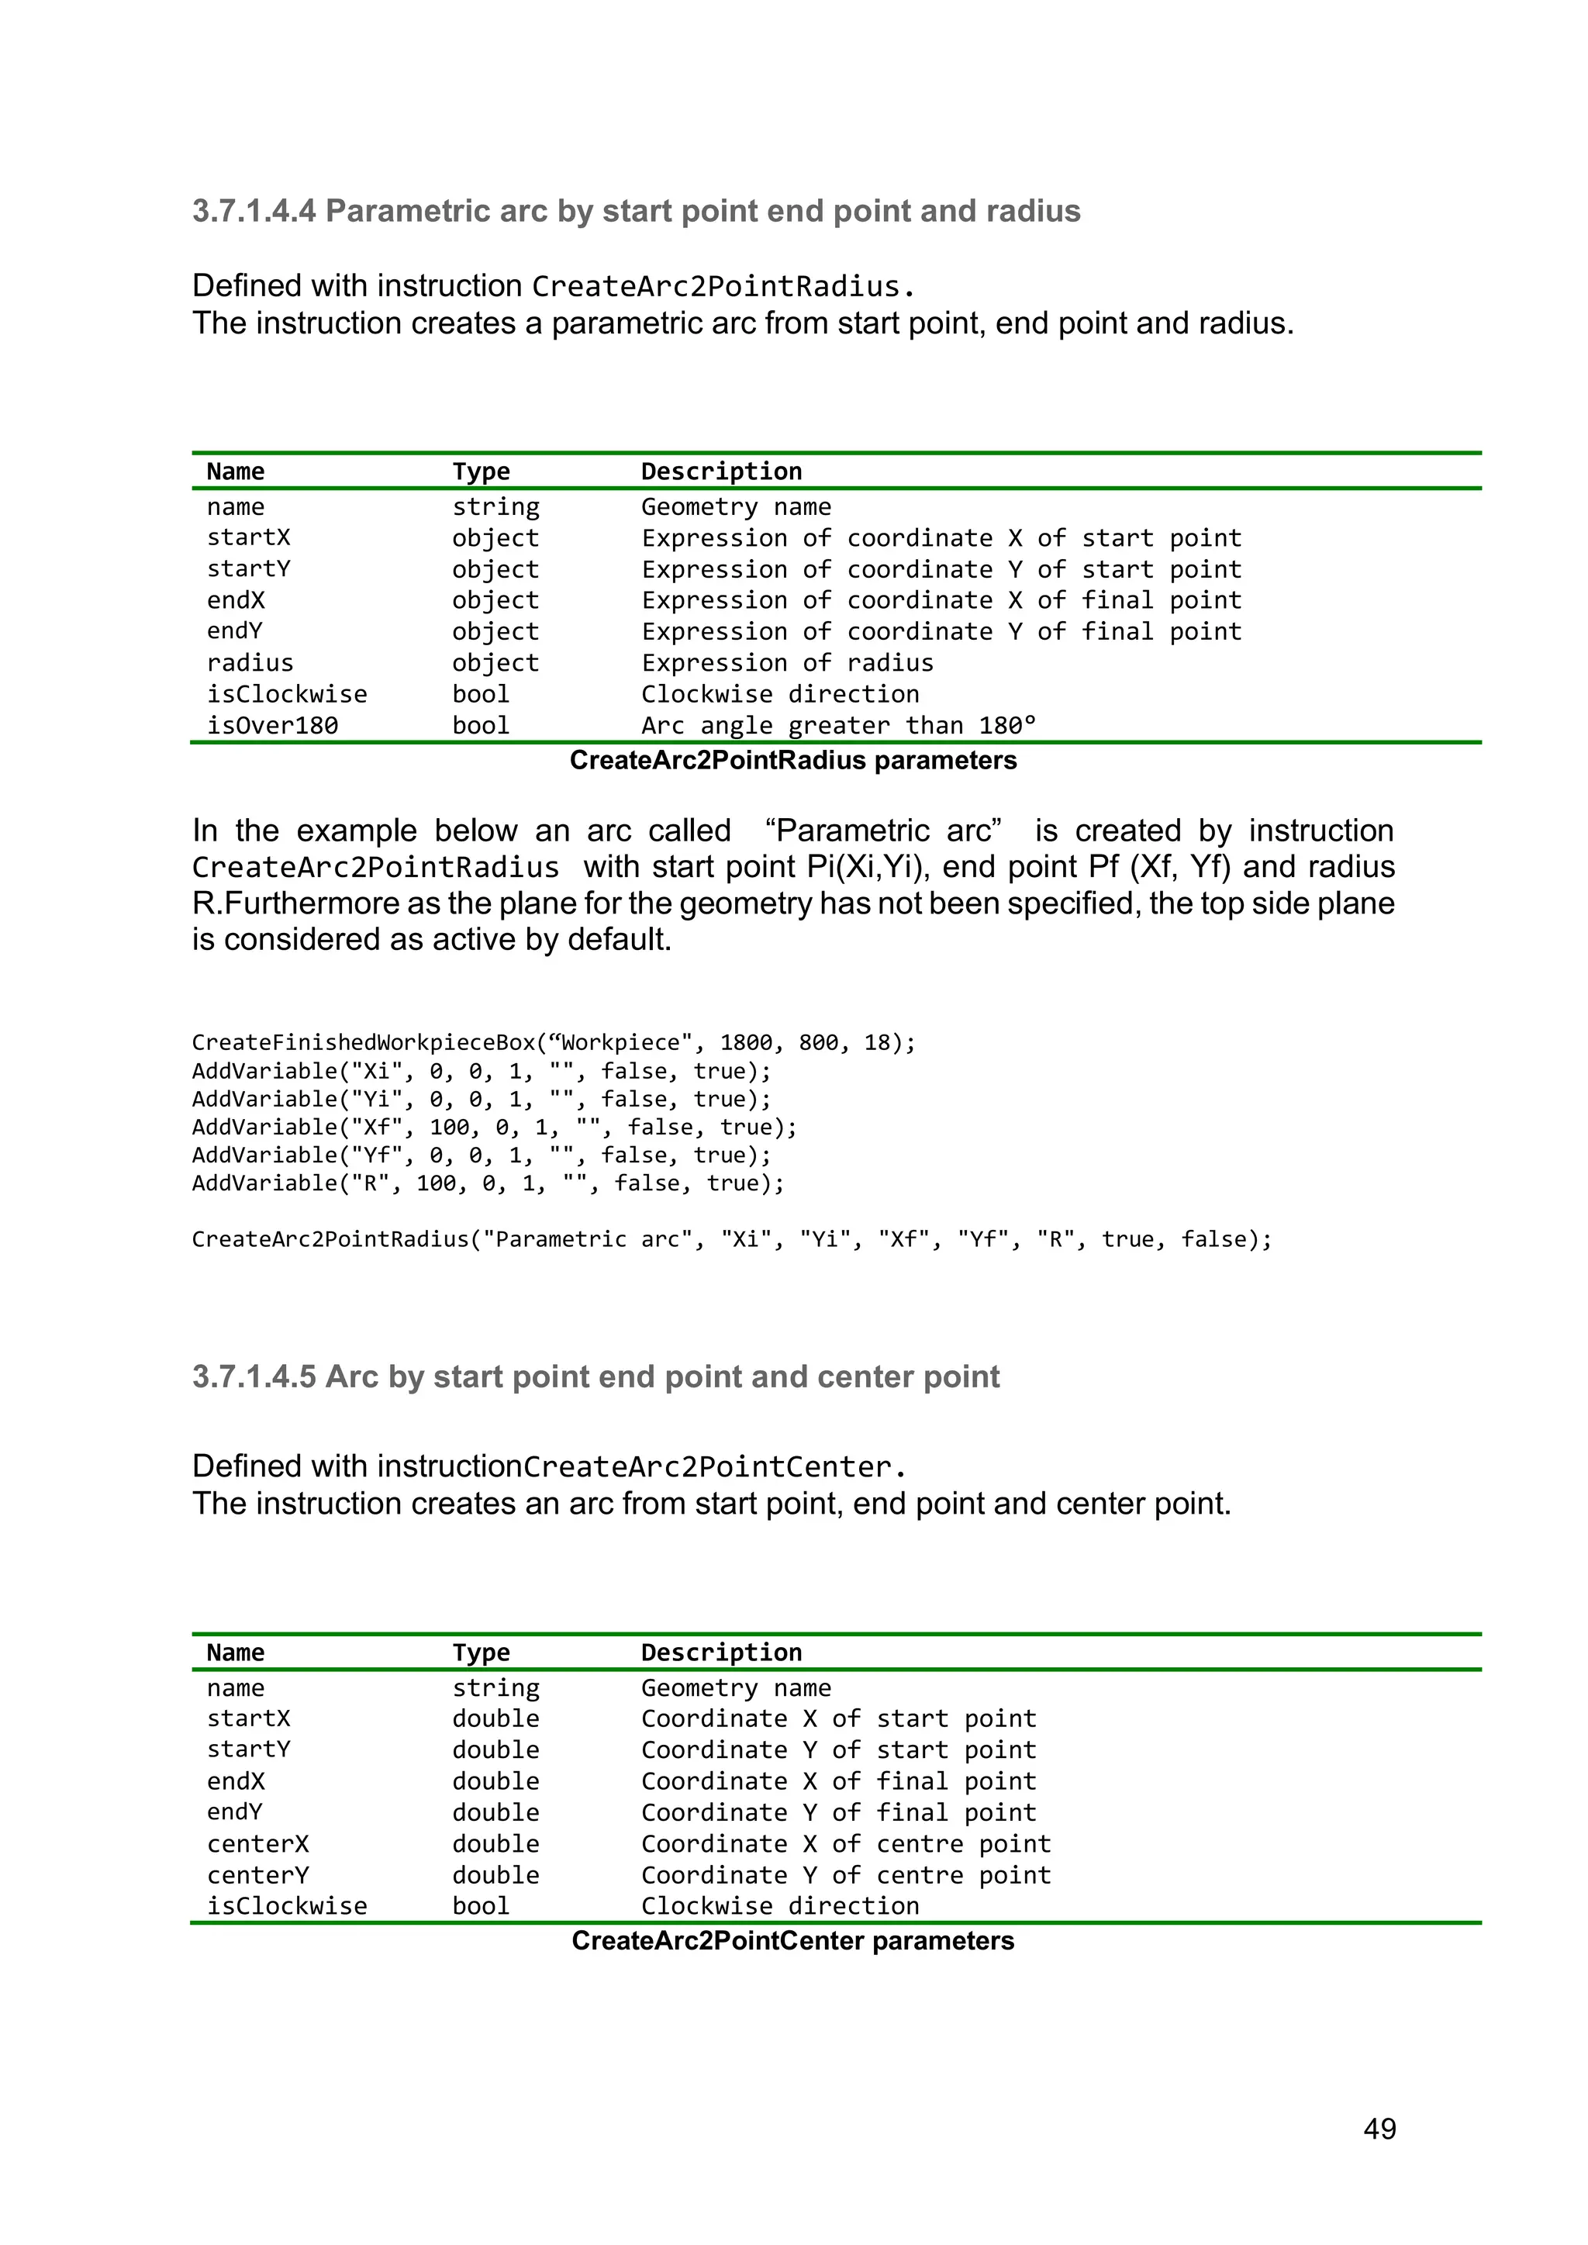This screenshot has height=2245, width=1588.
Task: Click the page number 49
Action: click(x=1379, y=2128)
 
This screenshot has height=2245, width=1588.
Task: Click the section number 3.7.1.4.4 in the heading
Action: click(x=254, y=211)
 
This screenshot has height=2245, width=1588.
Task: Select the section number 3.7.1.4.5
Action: click(x=254, y=1376)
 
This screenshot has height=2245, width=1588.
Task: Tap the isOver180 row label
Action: click(x=272, y=726)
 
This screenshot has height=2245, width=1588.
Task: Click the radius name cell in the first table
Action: click(x=250, y=663)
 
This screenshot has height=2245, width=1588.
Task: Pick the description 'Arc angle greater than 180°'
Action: click(x=838, y=726)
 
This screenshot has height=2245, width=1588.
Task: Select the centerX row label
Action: click(x=257, y=1844)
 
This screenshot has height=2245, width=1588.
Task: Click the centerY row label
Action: click(x=257, y=1875)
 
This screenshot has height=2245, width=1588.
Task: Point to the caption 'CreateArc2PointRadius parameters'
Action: click(x=793, y=761)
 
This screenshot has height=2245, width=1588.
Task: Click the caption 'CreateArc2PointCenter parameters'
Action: click(x=793, y=1941)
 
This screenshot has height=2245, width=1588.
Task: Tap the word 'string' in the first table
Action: click(x=495, y=506)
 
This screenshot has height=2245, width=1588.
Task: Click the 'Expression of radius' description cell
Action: click(x=787, y=663)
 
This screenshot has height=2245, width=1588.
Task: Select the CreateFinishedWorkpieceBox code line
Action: click(x=554, y=1042)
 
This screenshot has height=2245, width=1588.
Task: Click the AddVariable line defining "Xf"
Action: click(x=494, y=1128)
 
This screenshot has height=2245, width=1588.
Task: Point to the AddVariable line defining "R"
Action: click(x=488, y=1184)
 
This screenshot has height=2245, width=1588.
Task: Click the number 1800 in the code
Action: click(x=746, y=1042)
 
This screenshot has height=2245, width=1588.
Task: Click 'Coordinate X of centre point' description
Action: click(x=846, y=1844)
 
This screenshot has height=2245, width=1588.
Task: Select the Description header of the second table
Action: click(x=722, y=1653)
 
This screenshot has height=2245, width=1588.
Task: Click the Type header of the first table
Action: click(x=481, y=471)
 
